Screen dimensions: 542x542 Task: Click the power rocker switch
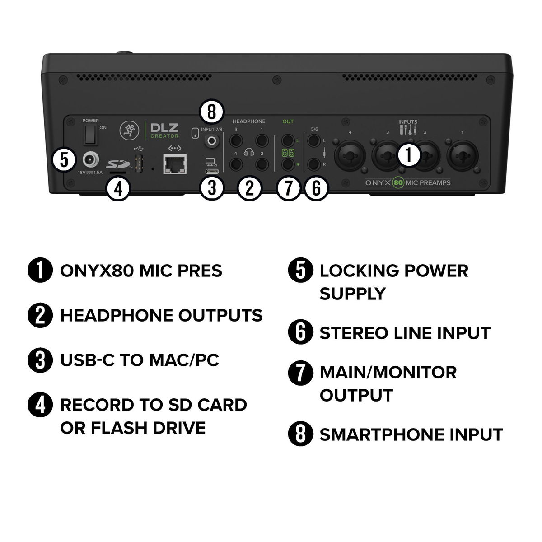[x=90, y=135]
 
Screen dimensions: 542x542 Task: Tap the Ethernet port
[x=175, y=164]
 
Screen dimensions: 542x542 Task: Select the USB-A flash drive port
[x=139, y=164]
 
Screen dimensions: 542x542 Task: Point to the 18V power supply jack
[x=91, y=160]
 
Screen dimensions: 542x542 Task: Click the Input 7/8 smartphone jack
[x=212, y=140]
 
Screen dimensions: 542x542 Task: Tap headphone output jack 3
[x=236, y=140]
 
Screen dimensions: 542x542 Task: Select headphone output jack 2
[x=262, y=164]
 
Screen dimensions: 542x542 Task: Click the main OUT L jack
[x=287, y=140]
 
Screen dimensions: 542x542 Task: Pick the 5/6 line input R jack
[x=313, y=164]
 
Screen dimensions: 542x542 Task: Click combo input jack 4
[x=350, y=155]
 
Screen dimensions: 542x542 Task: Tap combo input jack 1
[x=463, y=155]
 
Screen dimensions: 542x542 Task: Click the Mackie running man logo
[x=129, y=131]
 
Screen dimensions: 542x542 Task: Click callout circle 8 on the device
[x=211, y=112]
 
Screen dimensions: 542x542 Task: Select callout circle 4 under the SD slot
[x=118, y=188]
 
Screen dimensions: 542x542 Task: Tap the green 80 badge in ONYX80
[x=398, y=182]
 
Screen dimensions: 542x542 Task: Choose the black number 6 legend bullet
[x=300, y=332]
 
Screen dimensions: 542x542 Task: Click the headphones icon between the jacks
[x=249, y=152]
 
